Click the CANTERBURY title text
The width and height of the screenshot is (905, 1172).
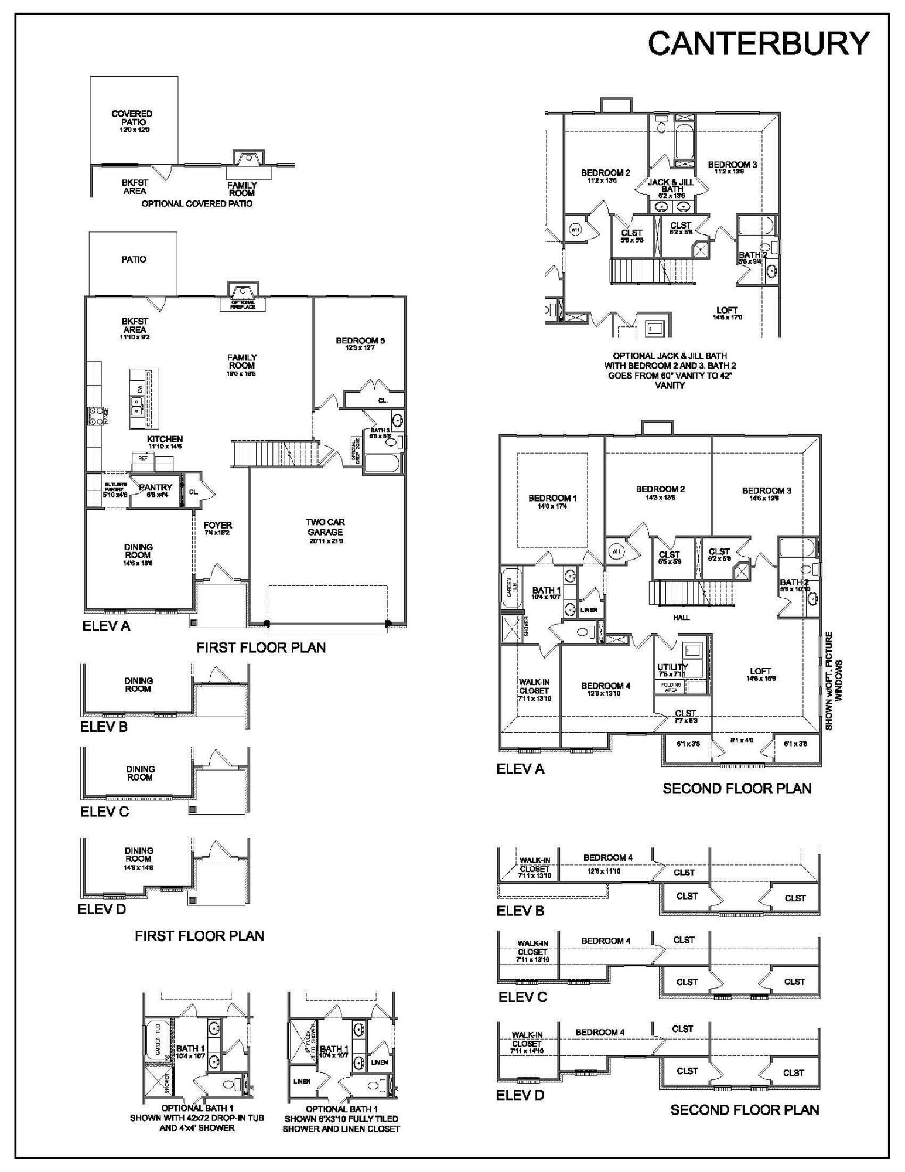tap(759, 43)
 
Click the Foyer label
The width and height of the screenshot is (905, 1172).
tap(218, 528)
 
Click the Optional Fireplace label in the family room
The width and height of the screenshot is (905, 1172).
tap(243, 305)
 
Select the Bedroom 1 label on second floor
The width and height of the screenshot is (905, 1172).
tap(552, 501)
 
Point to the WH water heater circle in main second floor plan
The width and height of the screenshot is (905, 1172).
tap(616, 551)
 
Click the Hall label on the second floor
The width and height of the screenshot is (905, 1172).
tap(681, 617)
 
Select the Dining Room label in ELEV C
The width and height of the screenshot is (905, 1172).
tap(139, 773)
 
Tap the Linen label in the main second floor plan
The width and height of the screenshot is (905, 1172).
tap(589, 610)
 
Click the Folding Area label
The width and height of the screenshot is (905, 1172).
tap(671, 687)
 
